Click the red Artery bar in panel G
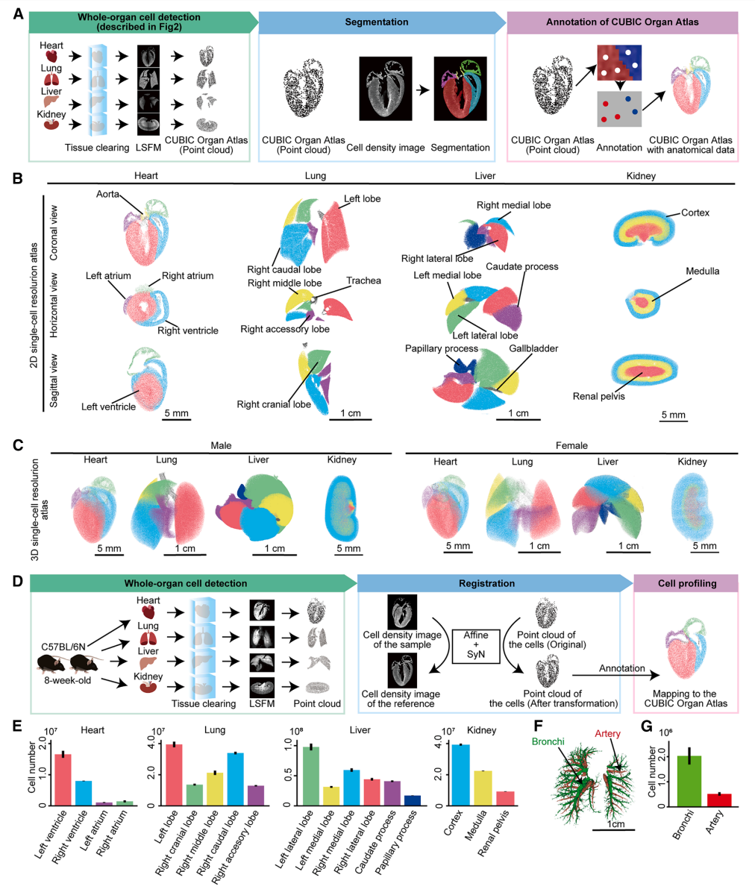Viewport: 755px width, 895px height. tap(720, 799)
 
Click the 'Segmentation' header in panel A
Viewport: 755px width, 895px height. tap(377, 22)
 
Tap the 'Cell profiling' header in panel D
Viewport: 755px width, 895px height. tap(685, 584)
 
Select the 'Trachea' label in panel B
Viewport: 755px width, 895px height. tap(363, 280)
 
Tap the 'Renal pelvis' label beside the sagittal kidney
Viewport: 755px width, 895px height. tap(598, 396)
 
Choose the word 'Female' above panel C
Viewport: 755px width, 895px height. tap(571, 446)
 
